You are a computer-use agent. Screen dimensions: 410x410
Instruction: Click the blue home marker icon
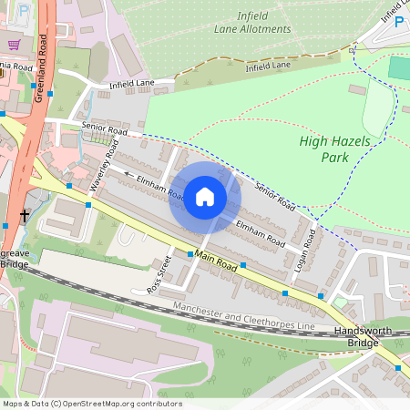(205, 197)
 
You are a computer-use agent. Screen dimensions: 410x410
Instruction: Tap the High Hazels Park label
(324, 149)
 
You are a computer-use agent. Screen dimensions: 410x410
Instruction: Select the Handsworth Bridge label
(362, 337)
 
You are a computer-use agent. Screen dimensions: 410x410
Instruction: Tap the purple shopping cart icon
(14, 44)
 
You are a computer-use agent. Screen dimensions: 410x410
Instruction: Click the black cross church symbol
(24, 216)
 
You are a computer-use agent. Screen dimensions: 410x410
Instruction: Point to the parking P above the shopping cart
(24, 11)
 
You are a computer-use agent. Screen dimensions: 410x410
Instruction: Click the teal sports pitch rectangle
(398, 67)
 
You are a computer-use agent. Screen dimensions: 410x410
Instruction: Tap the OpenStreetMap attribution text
(91, 404)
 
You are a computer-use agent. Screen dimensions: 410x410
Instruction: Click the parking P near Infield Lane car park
(398, 21)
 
